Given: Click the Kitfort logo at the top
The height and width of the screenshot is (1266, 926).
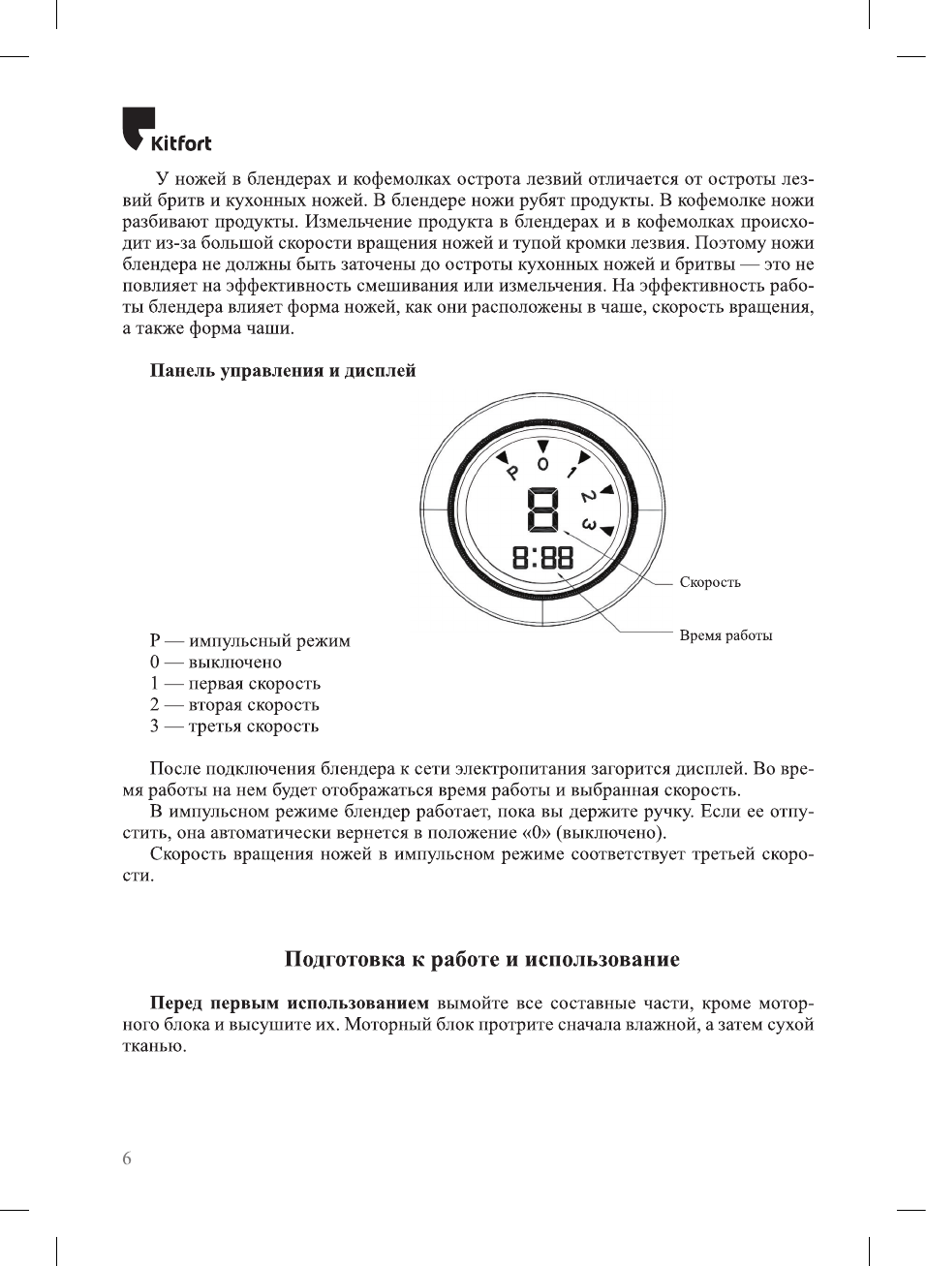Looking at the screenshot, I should [167, 131].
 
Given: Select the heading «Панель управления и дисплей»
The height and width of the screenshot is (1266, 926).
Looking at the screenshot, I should [282, 371].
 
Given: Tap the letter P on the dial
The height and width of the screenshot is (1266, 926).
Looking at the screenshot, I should [512, 473].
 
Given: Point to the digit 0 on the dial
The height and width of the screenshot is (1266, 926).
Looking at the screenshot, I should [542, 464].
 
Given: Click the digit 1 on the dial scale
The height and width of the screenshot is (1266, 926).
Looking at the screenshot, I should [572, 472].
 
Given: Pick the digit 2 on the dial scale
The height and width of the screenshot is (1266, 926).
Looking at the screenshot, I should [588, 497].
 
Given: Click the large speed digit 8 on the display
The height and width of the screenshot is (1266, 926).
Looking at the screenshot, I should [543, 509].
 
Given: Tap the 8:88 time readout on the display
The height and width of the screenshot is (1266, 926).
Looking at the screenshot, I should [542, 557].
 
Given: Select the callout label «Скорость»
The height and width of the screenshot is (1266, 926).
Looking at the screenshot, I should [710, 582].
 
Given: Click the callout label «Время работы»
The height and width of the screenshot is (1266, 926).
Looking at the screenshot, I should [725, 635].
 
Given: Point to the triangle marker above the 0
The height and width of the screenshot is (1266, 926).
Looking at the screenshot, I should [543, 446].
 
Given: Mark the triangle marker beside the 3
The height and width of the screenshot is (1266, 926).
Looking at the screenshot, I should [607, 531].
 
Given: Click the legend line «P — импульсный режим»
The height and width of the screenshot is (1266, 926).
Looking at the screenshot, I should [250, 641].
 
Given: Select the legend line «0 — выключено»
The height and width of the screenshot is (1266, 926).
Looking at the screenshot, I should [216, 663].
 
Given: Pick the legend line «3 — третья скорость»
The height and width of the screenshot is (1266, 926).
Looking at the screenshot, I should [234, 726].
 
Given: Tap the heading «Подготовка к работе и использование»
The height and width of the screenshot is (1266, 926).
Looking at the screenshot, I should [482, 960].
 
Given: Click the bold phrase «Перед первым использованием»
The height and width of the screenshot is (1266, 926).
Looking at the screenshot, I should [289, 1004].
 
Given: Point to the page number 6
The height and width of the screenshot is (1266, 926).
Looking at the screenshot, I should [127, 1158].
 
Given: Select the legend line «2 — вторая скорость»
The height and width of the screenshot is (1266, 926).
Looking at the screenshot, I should [234, 705].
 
